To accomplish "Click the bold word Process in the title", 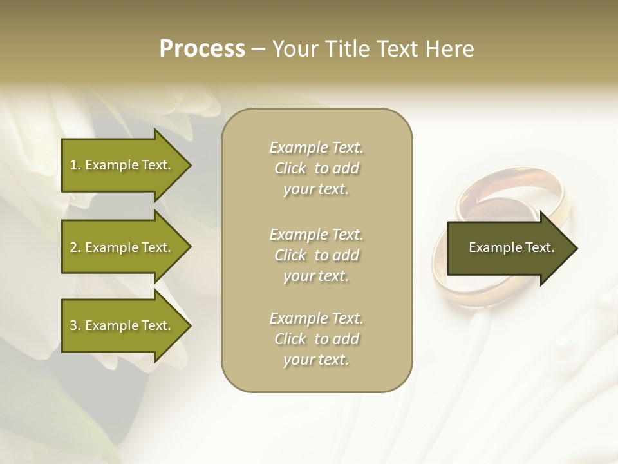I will click(x=202, y=49).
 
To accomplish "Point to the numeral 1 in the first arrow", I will click(x=73, y=165).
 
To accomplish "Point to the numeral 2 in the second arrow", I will click(x=73, y=247).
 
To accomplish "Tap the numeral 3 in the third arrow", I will click(x=73, y=325).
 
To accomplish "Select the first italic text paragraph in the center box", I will click(x=316, y=168).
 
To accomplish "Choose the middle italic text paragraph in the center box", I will click(x=316, y=255).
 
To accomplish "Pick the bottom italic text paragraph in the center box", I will click(x=316, y=339).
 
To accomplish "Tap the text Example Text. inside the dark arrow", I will click(x=511, y=247).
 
